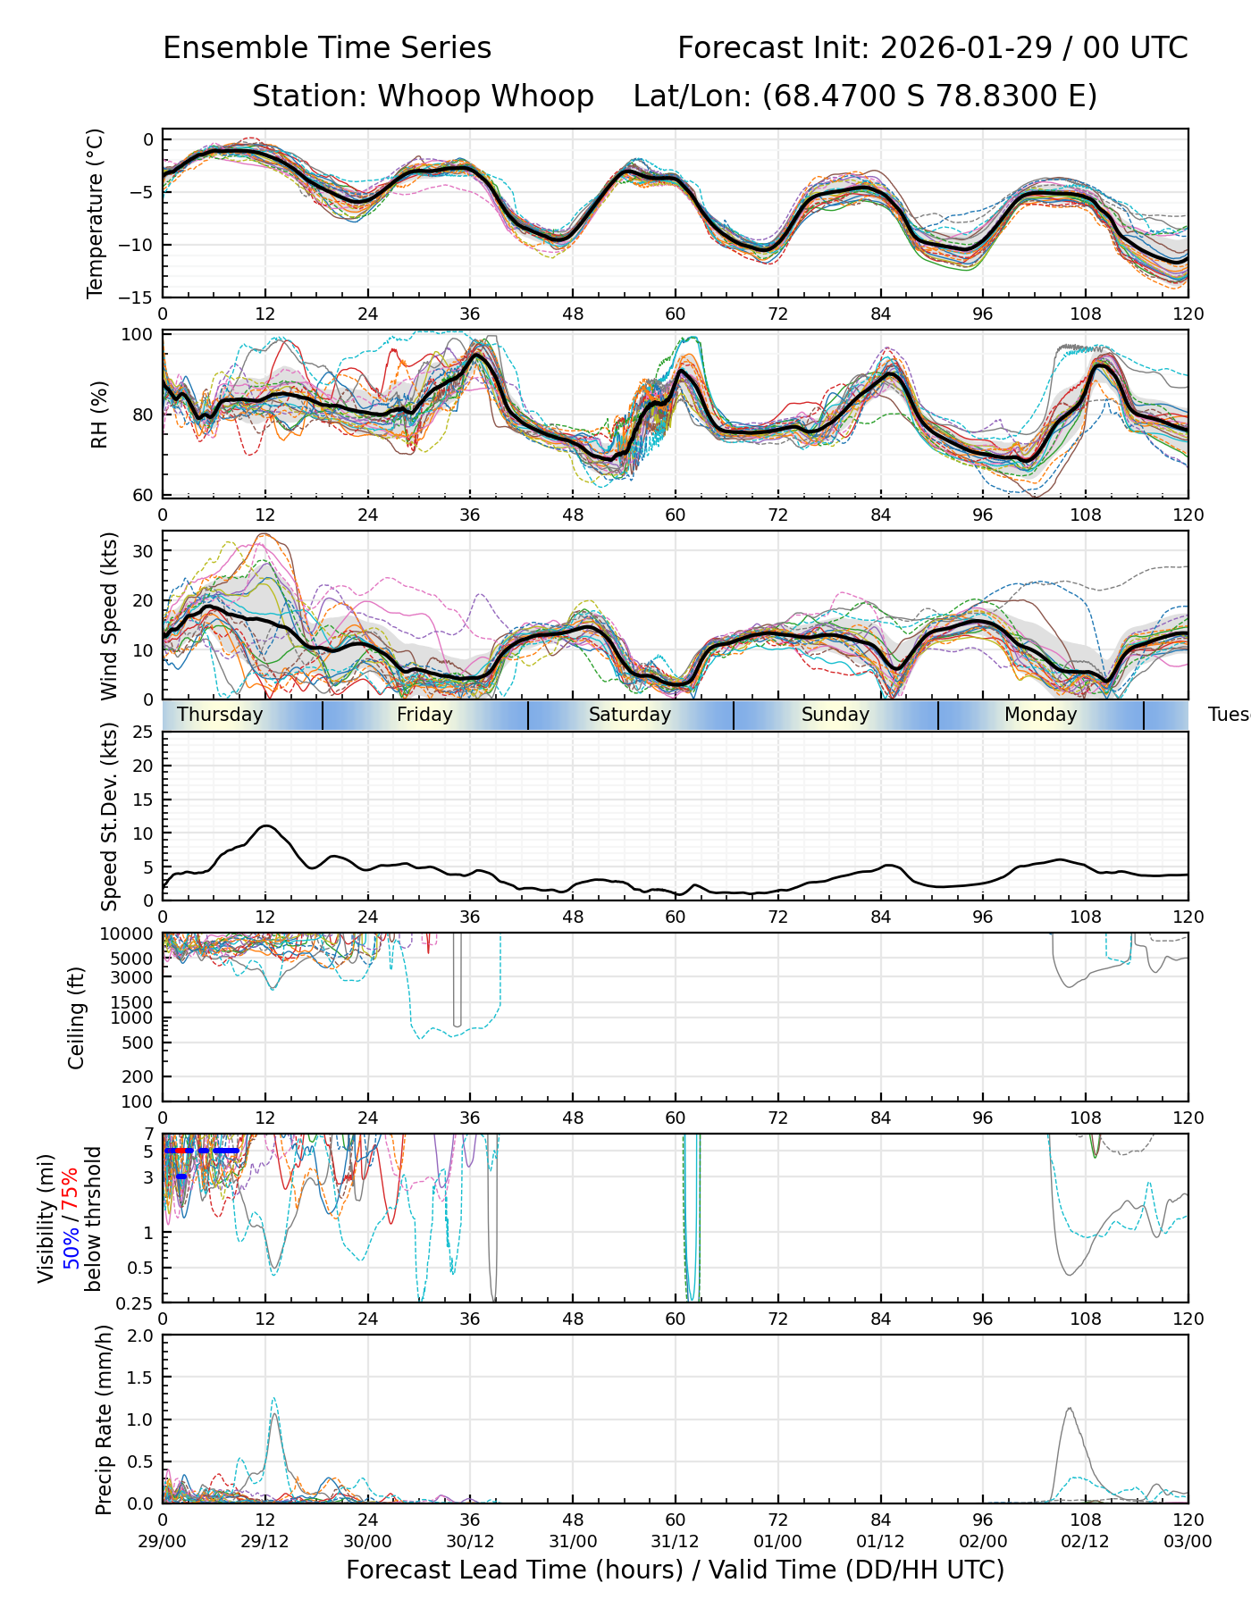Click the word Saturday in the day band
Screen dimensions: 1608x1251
click(629, 715)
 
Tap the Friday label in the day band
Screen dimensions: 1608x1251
click(424, 715)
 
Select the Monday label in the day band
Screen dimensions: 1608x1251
click(1040, 715)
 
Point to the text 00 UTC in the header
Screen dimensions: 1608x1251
click(1136, 47)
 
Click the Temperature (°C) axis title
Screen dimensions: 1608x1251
click(95, 213)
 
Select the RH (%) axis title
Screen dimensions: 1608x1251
click(98, 414)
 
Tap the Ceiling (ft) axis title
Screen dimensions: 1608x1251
click(77, 1018)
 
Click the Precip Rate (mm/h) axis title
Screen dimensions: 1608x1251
click(104, 1420)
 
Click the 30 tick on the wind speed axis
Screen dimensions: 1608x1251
click(143, 551)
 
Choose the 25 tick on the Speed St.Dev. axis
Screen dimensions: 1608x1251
click(143, 733)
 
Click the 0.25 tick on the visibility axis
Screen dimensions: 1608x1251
click(136, 1302)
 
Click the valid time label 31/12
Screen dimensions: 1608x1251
click(675, 1541)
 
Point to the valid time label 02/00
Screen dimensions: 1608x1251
click(983, 1541)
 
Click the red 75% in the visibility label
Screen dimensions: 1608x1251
click(70, 1187)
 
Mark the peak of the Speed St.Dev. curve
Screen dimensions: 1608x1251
click(266, 825)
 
